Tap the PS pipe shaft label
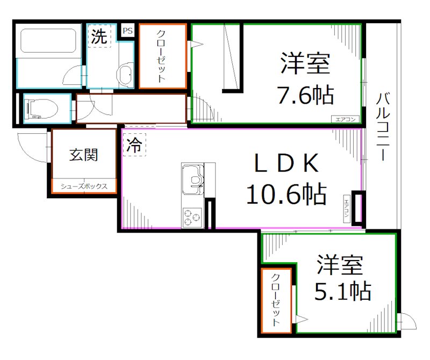click(x=127, y=31)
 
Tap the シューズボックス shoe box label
click(x=84, y=186)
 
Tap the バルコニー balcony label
click(x=383, y=127)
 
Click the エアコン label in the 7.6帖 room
click(x=345, y=119)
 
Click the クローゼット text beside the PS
click(x=162, y=56)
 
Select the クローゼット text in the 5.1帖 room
click(x=275, y=300)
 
